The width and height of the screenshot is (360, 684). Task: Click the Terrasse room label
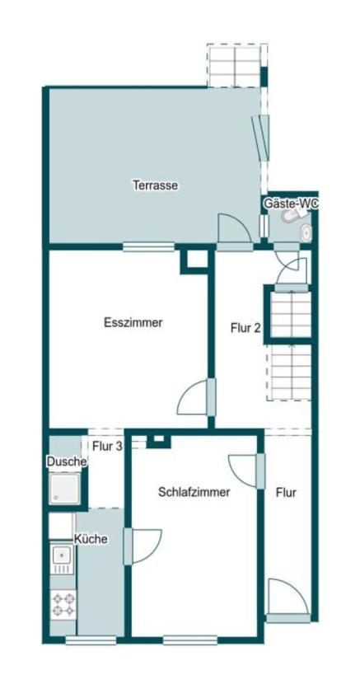(156, 185)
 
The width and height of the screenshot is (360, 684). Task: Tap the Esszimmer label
(133, 323)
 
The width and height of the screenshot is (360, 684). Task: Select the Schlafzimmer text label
(194, 492)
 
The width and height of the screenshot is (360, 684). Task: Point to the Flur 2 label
(245, 327)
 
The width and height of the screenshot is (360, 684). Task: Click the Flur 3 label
(107, 447)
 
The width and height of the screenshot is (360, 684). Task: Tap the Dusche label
(66, 462)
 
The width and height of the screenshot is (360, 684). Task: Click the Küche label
(91, 539)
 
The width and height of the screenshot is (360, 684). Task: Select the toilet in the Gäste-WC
(291, 216)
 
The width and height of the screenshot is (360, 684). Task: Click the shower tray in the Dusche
(66, 490)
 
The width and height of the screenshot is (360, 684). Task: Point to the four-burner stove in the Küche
(63, 605)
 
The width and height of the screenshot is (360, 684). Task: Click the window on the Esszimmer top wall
(148, 246)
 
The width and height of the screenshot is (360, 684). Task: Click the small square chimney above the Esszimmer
(195, 259)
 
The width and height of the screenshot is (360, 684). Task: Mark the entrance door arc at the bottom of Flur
(287, 597)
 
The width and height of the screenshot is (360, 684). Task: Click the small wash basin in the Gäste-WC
(306, 232)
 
